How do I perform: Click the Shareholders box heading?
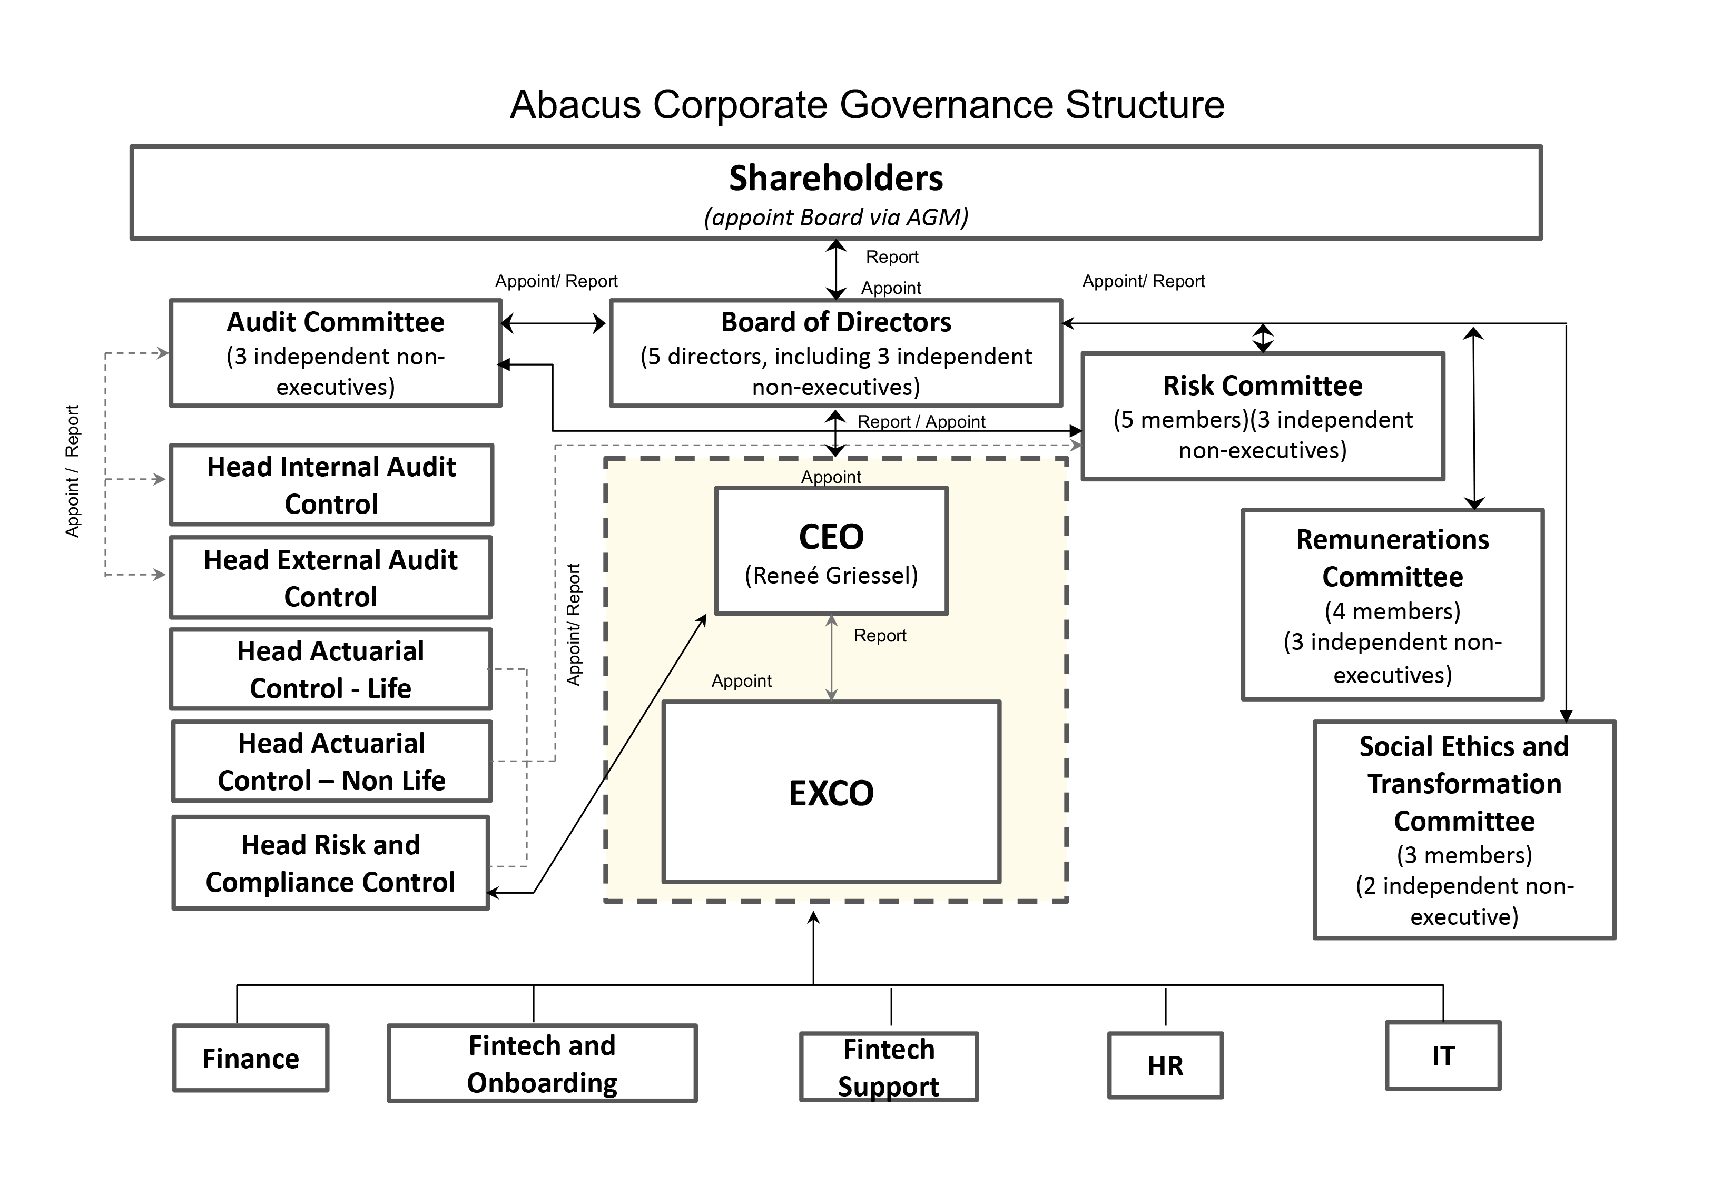(x=836, y=178)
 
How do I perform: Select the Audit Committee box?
(x=336, y=353)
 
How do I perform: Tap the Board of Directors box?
(x=836, y=353)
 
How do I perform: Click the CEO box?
(x=831, y=551)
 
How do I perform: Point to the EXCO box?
(x=831, y=792)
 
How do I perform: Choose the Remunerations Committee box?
(x=1393, y=605)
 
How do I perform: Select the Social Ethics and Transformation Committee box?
(x=1465, y=830)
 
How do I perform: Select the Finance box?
(x=251, y=1058)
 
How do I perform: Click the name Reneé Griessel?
(x=831, y=576)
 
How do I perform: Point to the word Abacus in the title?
(x=575, y=105)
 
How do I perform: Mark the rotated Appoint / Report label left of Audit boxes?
(x=72, y=471)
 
